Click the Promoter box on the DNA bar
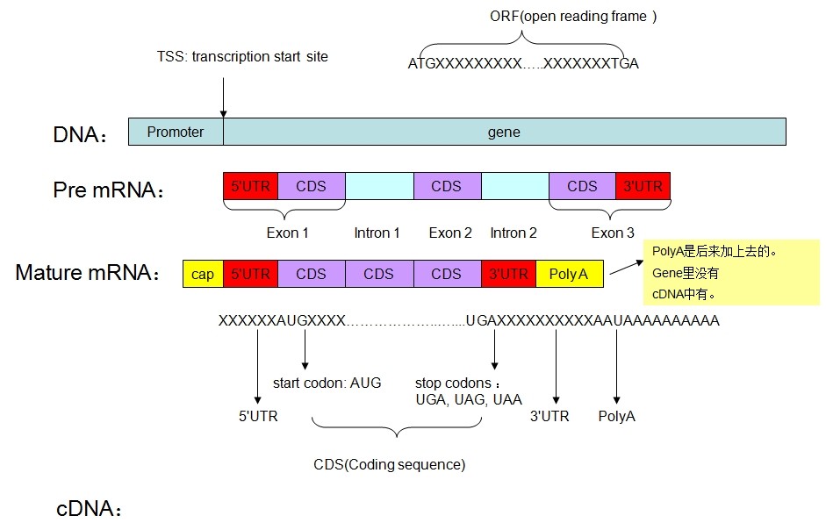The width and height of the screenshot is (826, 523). (176, 133)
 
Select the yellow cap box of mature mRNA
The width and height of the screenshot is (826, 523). (203, 274)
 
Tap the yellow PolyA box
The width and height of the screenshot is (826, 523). (569, 274)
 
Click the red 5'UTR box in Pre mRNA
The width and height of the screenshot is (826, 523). (250, 186)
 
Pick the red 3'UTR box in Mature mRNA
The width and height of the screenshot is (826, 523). (509, 274)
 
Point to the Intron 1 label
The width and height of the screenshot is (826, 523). (377, 233)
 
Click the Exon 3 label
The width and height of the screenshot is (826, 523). (613, 233)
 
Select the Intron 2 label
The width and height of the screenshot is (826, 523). (514, 233)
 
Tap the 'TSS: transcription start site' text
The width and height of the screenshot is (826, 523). (237, 56)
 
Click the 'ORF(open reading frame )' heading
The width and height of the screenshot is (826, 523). (573, 17)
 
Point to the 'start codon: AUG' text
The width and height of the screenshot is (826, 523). (327, 383)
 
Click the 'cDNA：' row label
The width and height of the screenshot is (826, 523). (88, 509)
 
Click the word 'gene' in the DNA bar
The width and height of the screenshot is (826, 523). (504, 133)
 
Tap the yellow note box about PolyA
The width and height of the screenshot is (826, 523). (731, 272)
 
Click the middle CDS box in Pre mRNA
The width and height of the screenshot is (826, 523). (447, 186)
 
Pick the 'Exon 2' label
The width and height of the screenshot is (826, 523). (450, 233)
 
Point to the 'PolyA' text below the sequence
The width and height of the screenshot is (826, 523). (617, 416)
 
